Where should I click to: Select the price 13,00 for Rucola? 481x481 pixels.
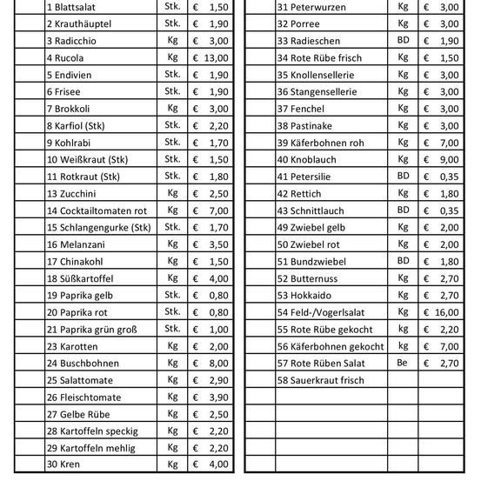(x=216, y=57)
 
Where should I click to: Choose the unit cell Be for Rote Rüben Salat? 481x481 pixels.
(x=403, y=363)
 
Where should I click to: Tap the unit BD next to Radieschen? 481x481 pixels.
(x=403, y=41)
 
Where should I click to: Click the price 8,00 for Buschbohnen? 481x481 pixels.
(x=218, y=363)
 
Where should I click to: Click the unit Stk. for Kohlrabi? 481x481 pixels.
(x=172, y=142)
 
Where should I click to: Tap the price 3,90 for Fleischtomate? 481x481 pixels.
(x=218, y=397)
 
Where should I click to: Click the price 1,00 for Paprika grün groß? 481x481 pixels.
(x=218, y=329)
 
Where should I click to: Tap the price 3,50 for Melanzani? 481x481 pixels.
(x=218, y=244)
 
